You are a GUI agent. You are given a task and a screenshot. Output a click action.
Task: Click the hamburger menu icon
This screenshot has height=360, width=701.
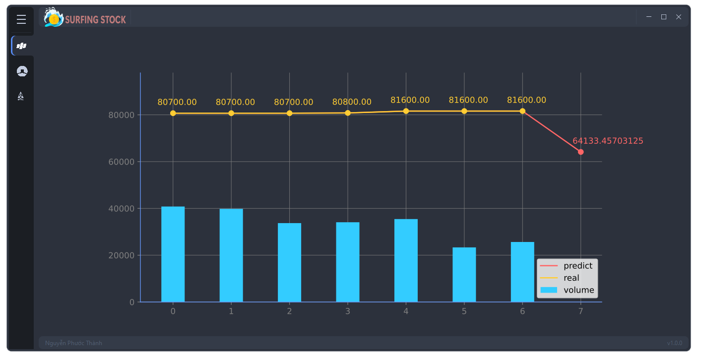point(21,19)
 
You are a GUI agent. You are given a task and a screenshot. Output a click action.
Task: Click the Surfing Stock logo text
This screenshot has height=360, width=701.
point(95,20)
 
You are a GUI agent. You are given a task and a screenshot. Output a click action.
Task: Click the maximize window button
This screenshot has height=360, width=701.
point(663,17)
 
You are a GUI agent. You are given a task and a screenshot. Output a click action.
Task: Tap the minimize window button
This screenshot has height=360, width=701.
point(648,17)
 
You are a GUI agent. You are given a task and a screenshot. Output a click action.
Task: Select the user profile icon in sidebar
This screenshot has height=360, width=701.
point(22,71)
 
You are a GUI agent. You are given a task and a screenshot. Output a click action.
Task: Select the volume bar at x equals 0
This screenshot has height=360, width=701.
point(173,254)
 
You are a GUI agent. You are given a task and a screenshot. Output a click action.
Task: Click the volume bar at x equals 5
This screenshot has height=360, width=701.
point(464,274)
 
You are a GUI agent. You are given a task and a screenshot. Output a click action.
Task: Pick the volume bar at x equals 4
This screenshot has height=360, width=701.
point(406,260)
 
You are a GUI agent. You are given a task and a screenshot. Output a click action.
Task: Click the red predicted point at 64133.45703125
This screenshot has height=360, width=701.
point(580,152)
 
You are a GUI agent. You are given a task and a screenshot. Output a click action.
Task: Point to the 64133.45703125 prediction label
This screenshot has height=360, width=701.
point(608,141)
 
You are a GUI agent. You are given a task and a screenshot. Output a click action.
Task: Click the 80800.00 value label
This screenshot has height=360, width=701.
point(352,102)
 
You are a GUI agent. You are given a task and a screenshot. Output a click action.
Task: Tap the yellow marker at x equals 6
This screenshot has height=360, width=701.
point(522,111)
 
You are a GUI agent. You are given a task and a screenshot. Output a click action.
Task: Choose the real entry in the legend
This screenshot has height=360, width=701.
point(571,278)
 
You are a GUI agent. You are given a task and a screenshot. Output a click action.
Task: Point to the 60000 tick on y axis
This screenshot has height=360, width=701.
point(121,162)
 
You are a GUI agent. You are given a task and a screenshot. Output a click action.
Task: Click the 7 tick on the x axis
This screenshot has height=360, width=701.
point(580,311)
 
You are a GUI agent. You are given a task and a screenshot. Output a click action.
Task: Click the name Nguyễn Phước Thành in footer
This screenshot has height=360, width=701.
point(73,343)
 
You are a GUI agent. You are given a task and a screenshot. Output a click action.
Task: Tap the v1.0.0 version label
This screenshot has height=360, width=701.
point(674,343)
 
